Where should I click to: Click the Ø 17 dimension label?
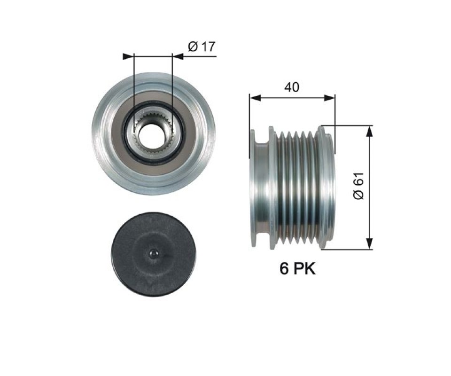pos(202,47)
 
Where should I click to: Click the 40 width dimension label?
pos(292,87)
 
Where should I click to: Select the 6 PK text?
pos(297,269)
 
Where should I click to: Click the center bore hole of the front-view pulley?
pos(152,134)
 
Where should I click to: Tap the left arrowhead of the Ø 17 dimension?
pos(128,56)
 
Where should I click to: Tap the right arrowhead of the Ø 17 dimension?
pos(178,56)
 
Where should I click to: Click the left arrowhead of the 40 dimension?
pos(255,98)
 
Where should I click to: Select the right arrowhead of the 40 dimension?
pos(329,98)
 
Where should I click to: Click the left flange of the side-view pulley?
pos(253,188)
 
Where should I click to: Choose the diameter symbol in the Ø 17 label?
pos(193,47)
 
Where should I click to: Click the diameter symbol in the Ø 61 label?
pos(358,195)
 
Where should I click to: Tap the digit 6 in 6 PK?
pos(284,269)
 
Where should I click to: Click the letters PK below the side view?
pos(304,269)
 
